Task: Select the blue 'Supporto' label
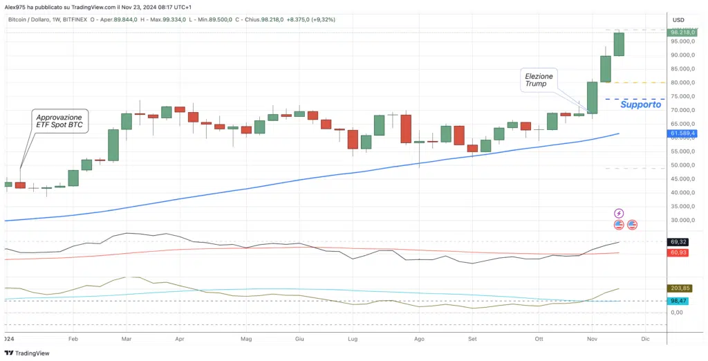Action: [641, 104]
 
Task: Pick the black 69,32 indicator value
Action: [678, 242]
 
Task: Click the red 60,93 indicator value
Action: [678, 253]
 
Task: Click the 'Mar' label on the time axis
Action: [127, 340]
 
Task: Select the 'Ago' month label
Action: [419, 340]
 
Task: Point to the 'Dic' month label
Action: [645, 340]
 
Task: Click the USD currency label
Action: [678, 19]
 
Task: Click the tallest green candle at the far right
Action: [619, 44]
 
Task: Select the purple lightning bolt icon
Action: [619, 214]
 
